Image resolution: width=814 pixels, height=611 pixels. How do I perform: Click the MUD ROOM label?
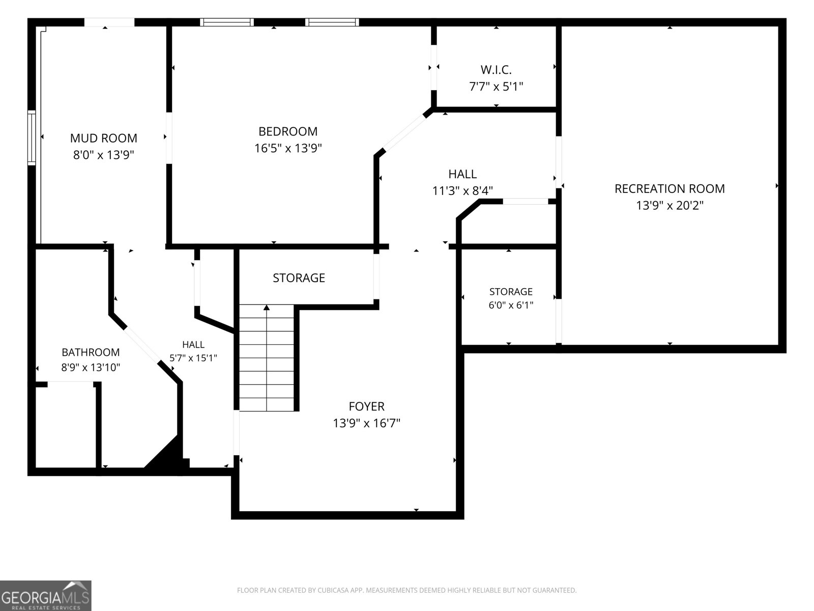[103, 138]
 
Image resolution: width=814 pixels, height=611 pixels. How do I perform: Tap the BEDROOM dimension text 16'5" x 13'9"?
[288, 148]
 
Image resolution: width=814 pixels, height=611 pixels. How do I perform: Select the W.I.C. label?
[496, 69]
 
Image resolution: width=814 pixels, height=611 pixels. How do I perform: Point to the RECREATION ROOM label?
[670, 188]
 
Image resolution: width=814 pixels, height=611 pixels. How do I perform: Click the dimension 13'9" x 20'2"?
[670, 205]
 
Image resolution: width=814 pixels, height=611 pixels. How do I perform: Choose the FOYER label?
[366, 406]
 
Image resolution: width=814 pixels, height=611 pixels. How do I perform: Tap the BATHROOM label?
[91, 352]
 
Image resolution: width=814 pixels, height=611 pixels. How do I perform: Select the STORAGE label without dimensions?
[299, 277]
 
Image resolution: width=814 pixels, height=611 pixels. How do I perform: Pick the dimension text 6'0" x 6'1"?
[511, 305]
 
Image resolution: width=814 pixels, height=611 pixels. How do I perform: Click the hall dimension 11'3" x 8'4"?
[462, 190]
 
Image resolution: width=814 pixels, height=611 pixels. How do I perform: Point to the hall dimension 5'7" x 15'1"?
[193, 358]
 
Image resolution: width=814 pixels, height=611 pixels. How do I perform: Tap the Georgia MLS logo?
[46, 596]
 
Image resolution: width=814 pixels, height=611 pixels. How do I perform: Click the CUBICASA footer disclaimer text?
[407, 590]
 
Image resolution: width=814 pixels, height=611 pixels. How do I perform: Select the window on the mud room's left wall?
[32, 137]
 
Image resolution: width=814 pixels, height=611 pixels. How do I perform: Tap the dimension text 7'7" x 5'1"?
[496, 87]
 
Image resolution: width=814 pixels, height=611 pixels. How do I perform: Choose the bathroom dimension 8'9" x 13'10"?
[91, 367]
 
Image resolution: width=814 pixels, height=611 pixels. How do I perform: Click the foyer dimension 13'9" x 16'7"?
[366, 423]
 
